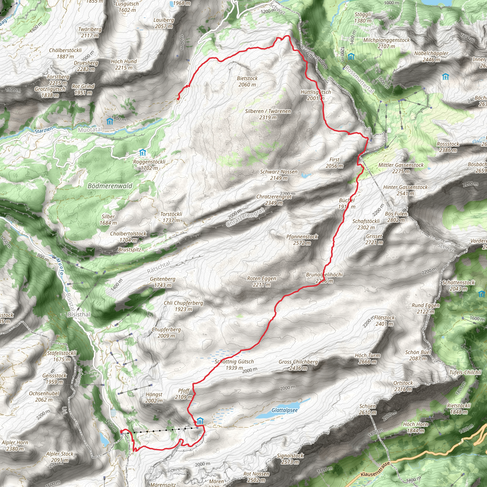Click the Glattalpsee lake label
point(284,410)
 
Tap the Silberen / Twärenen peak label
point(268,114)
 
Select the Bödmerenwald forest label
point(110,186)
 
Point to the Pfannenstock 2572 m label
point(302,240)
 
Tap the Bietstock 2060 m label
point(247,81)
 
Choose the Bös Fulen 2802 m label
point(396,217)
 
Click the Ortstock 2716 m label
point(403,386)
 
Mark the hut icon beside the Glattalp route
point(200,421)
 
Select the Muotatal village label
point(90,130)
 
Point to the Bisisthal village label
point(79,315)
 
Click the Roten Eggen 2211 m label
point(261,282)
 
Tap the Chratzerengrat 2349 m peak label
point(274,200)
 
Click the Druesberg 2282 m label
point(86,66)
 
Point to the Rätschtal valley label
point(159,268)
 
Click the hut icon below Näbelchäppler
point(445,77)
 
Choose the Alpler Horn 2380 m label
point(15,445)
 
